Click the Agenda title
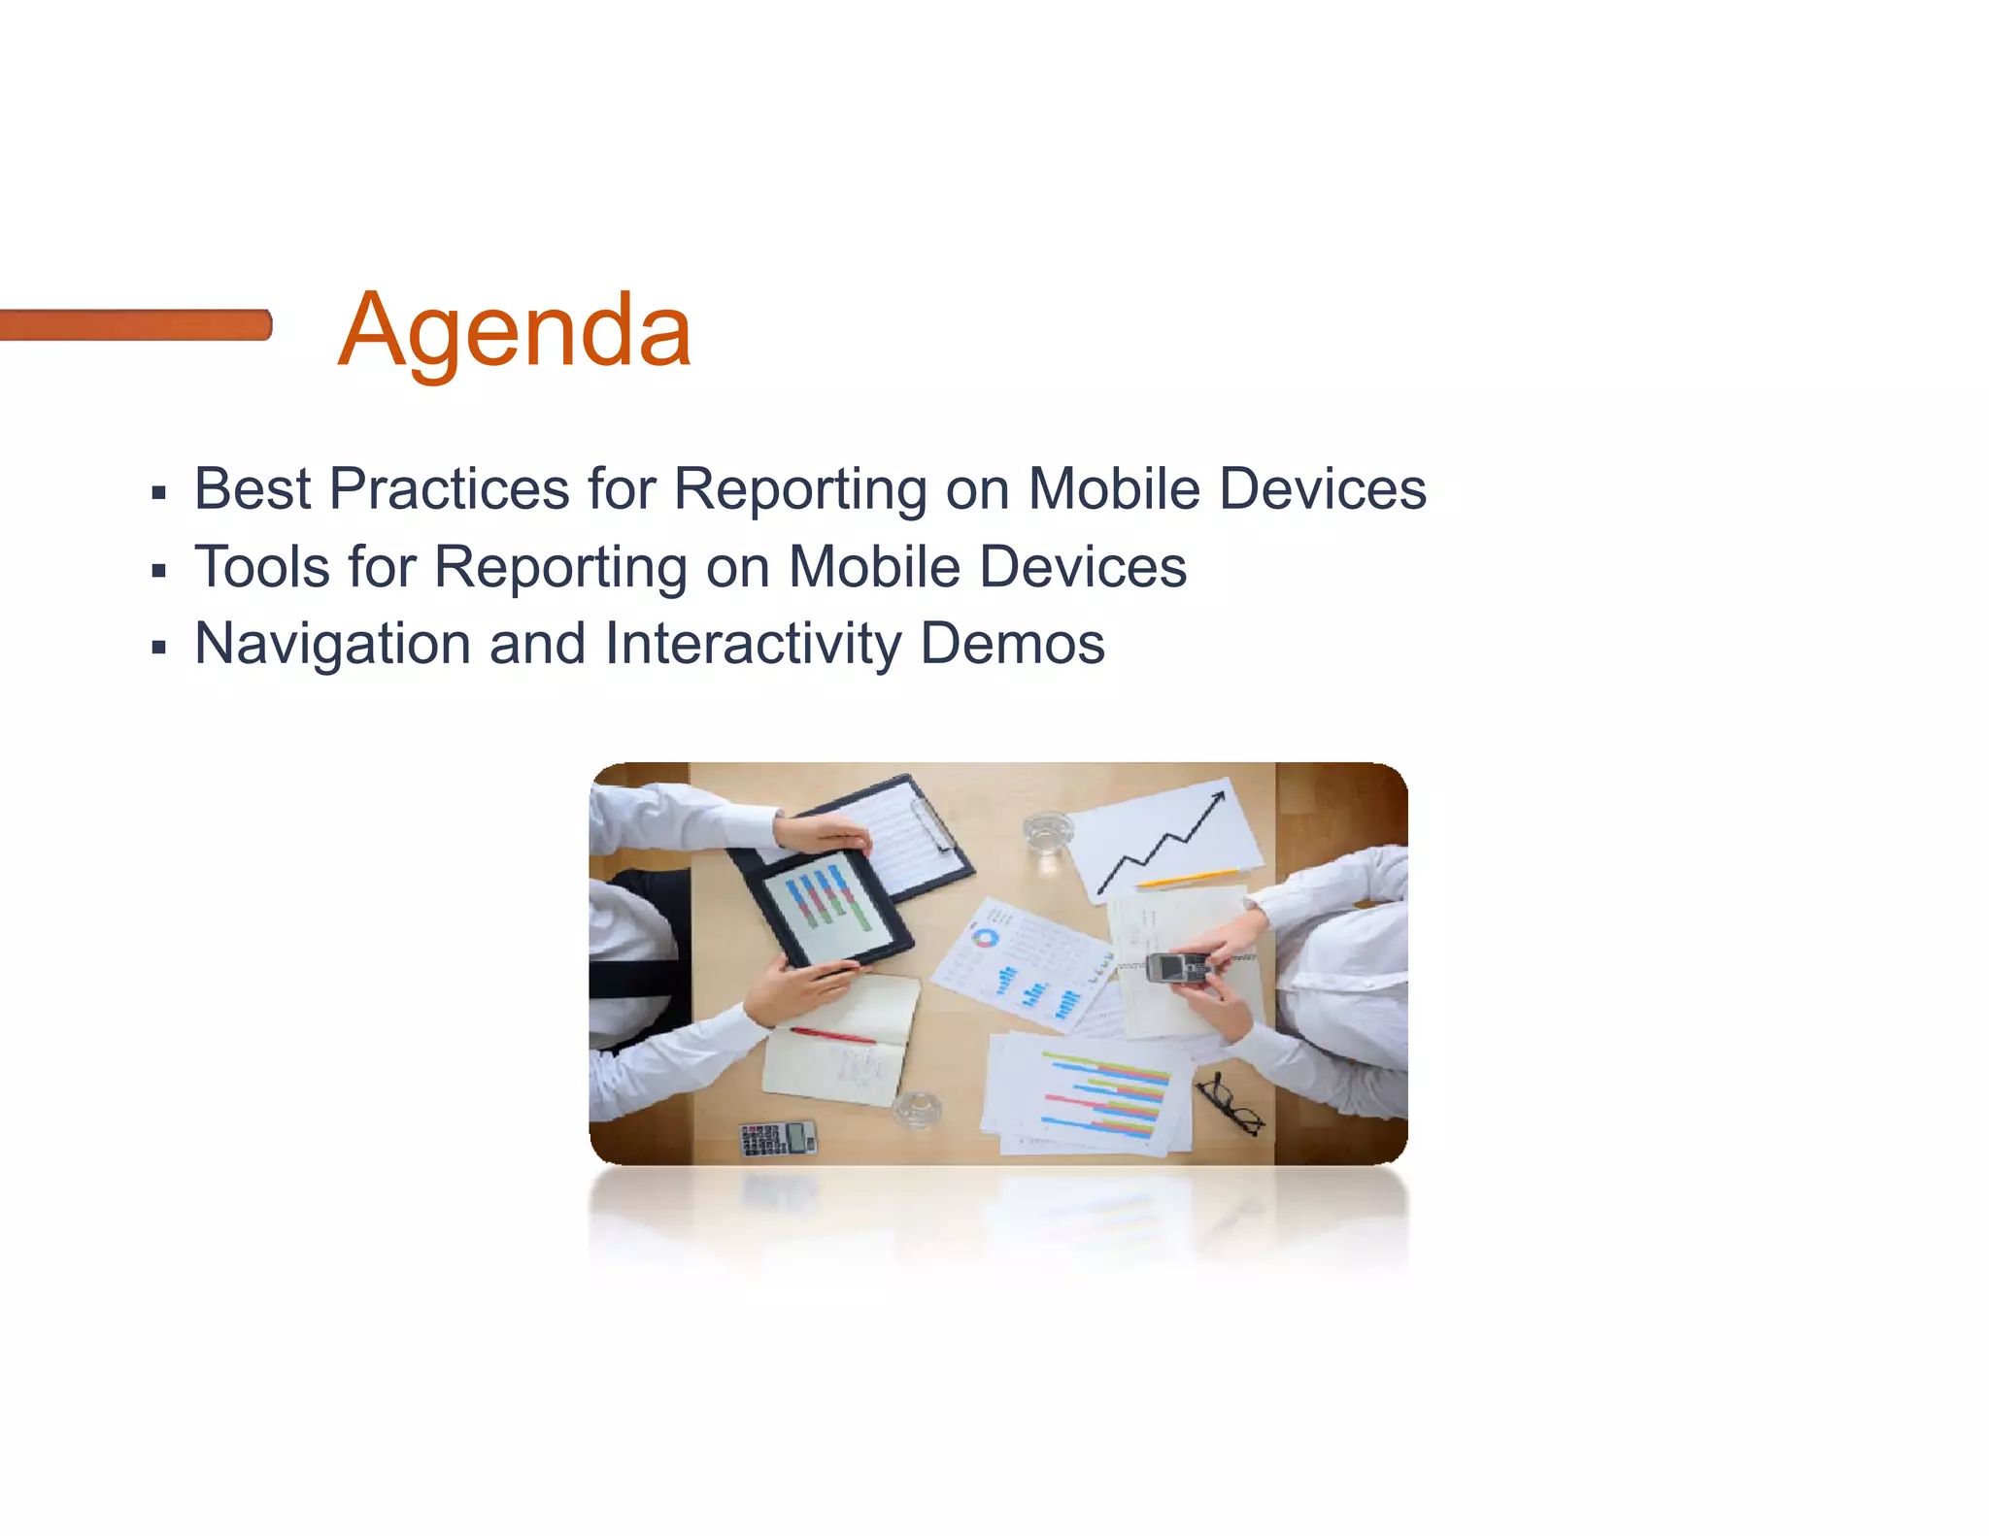point(515,331)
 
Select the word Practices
point(449,488)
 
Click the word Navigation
point(333,644)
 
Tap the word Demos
point(1012,644)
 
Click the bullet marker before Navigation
point(159,648)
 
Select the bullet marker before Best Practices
point(159,493)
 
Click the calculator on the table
point(778,1137)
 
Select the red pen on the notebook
point(832,1035)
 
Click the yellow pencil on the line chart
point(1187,878)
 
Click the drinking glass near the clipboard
point(1048,833)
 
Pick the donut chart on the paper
point(985,938)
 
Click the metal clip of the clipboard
point(929,821)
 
